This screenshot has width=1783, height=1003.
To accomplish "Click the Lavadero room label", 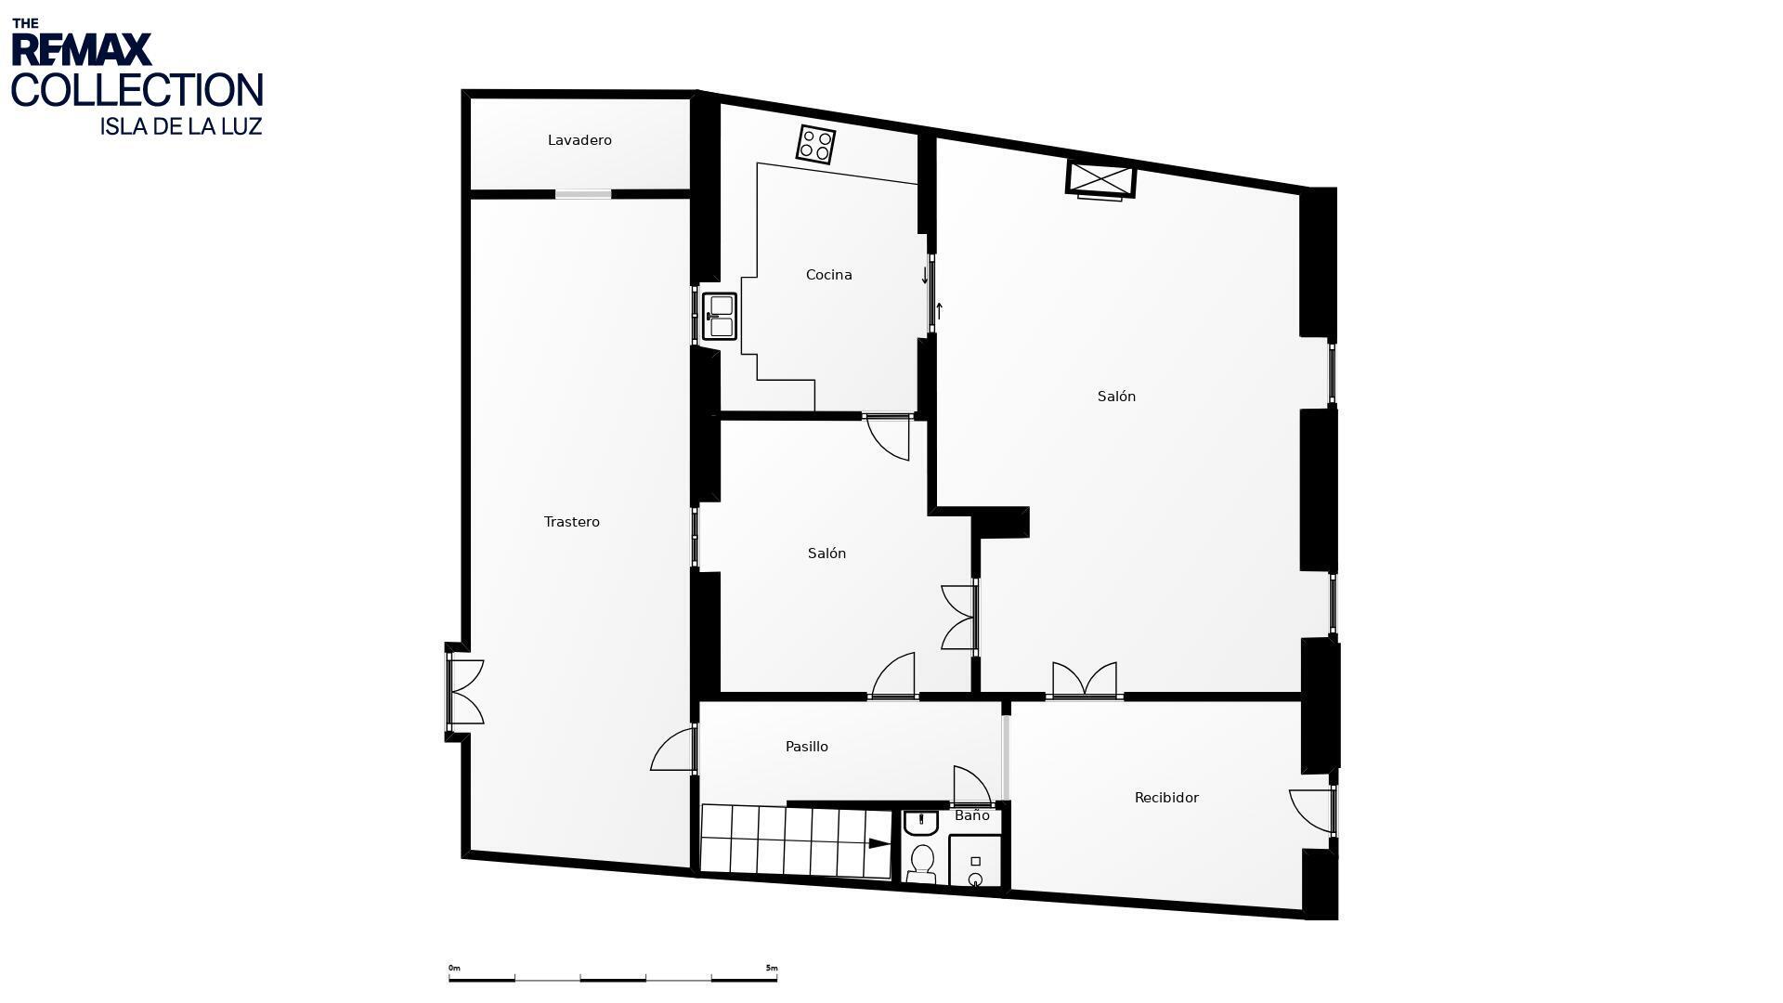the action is coord(579,140).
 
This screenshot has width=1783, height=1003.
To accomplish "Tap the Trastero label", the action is coord(572,522).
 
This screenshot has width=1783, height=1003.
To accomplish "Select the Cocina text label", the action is coord(829,275).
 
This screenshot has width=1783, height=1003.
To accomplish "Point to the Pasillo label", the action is coord(807,747).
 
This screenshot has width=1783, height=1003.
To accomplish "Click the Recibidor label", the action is coord(1166,798).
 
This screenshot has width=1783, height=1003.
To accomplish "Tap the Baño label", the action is coord(972,815).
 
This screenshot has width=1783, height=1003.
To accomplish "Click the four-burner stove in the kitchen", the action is coord(815,144).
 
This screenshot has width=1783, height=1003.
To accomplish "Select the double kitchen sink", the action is coord(720,317).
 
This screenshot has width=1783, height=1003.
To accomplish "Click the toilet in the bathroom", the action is coord(921,863).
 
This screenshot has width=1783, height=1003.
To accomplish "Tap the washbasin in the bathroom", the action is coord(921,823).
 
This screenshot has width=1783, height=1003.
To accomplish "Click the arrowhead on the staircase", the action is coord(878,843).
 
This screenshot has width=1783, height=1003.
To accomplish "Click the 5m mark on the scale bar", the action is coord(771,969).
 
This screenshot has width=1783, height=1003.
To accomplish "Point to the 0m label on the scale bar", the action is coord(454,969).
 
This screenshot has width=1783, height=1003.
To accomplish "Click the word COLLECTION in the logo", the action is coord(137,90).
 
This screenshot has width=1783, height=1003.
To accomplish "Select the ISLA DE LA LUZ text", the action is coord(181,126).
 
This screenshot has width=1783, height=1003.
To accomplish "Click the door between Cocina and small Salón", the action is coord(887,437).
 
